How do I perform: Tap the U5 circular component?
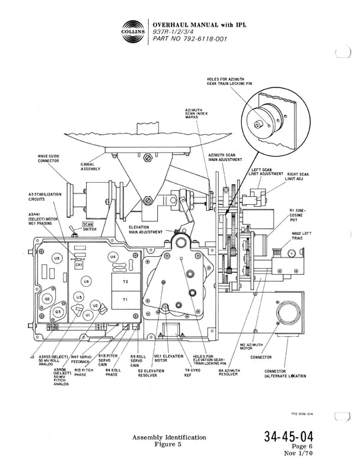[x=57, y=258]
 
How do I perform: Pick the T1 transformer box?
[x=124, y=301]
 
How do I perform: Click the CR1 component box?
[x=79, y=264]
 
